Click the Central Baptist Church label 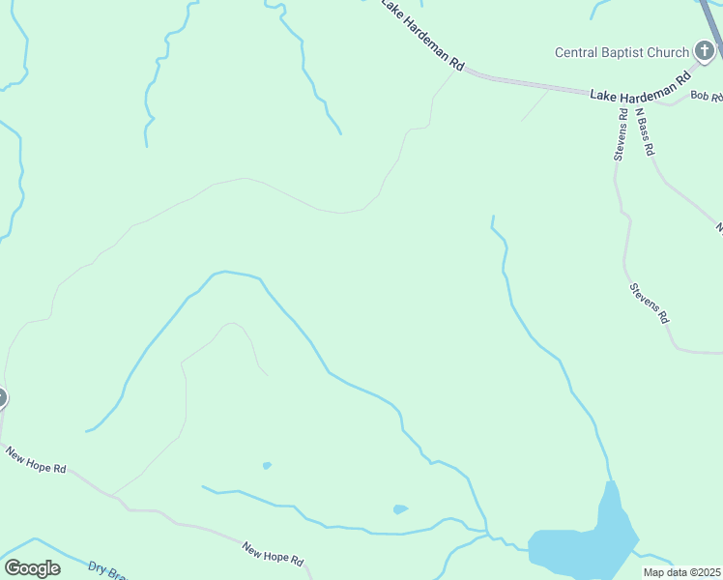click(x=622, y=52)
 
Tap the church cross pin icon click(x=706, y=51)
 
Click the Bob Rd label click(x=707, y=97)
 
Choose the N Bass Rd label click(x=645, y=130)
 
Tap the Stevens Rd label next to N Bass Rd click(x=621, y=133)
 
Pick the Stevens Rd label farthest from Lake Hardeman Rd click(x=649, y=303)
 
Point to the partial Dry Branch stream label click(x=107, y=570)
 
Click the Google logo click(x=32, y=568)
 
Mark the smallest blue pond click(x=267, y=466)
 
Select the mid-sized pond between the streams click(x=400, y=509)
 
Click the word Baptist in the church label click(x=632, y=52)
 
